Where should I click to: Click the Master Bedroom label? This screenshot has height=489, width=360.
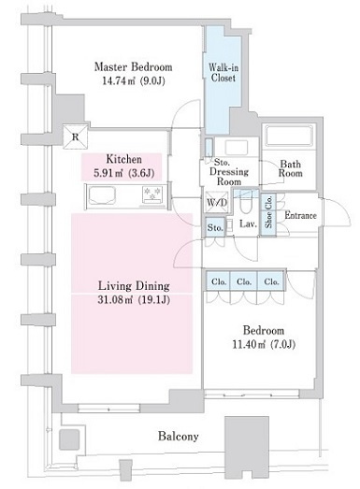coord(133,66)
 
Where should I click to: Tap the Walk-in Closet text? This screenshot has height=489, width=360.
coord(223,72)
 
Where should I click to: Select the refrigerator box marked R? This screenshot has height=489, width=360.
coord(75,137)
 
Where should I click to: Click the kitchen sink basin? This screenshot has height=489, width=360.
coord(102,195)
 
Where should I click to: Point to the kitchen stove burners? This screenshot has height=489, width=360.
coord(151,194)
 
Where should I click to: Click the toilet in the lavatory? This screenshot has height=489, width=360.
coord(246,202)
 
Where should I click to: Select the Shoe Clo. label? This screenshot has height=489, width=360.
coord(268,211)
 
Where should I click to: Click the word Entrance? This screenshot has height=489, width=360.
coord(300,215)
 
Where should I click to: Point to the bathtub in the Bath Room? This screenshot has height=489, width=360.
coord(289,136)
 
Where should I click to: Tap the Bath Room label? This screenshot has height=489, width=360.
coord(291,168)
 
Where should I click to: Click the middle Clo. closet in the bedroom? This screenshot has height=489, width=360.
coord(244,281)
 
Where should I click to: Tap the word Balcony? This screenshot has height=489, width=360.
coord(178,436)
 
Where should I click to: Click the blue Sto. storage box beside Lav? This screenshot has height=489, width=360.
coord(215,227)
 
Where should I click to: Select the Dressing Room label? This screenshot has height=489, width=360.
coord(229,176)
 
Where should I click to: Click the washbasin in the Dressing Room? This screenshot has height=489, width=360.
coord(237,147)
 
